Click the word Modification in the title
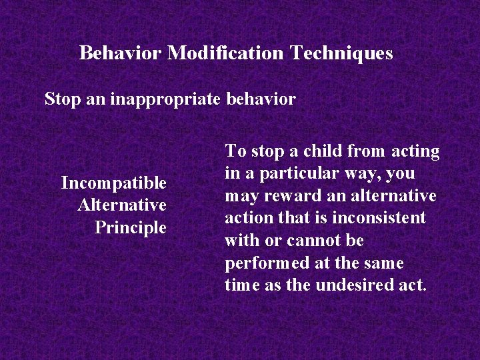[x=226, y=53]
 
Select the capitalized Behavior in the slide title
[x=121, y=53]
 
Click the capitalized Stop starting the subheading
[x=61, y=99]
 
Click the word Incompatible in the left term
[x=113, y=182]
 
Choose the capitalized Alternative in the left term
[x=122, y=205]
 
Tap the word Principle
[x=131, y=227]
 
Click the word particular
[x=299, y=174]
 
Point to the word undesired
[x=359, y=285]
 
